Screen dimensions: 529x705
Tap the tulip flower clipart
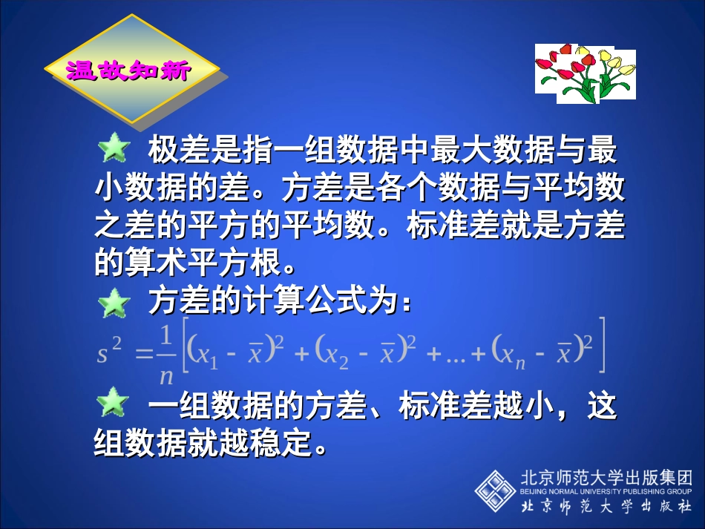(585, 73)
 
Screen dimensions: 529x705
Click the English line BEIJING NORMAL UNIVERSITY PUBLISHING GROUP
(607, 491)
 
